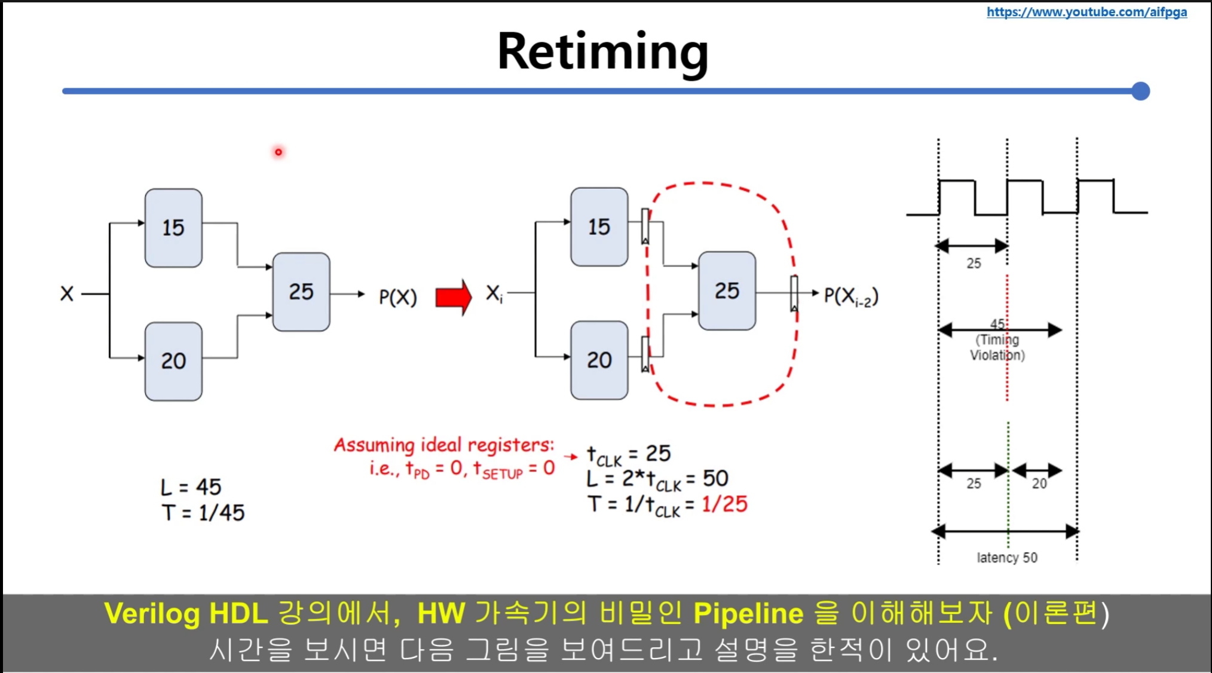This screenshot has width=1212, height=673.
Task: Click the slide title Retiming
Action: pos(602,53)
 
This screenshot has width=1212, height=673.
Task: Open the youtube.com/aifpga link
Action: pos(1086,12)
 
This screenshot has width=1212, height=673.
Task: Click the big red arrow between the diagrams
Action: pos(453,297)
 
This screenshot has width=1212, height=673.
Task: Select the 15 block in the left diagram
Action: pos(173,228)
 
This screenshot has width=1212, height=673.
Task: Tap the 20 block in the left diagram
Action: pos(173,361)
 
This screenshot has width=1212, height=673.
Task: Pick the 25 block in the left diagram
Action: pos(301,292)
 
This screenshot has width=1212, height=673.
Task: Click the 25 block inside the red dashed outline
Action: pos(727,291)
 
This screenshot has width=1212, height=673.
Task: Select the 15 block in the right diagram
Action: pos(599,227)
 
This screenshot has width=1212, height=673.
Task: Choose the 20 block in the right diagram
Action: pos(599,360)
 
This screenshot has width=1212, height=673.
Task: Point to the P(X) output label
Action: pos(397,297)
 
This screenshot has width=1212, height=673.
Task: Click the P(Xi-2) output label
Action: pos(851,296)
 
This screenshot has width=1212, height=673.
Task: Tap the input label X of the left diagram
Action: pos(67,293)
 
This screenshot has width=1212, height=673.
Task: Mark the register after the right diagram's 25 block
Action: pos(794,293)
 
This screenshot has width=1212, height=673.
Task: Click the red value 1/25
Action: pos(724,504)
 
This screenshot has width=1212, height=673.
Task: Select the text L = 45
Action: pos(191,487)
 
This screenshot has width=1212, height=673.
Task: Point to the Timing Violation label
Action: pos(997,347)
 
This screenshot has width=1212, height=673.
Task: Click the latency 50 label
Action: pos(1006,558)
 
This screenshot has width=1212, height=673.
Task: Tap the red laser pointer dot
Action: pos(278,152)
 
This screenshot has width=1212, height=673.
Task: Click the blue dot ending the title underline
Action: pos(1140,91)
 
